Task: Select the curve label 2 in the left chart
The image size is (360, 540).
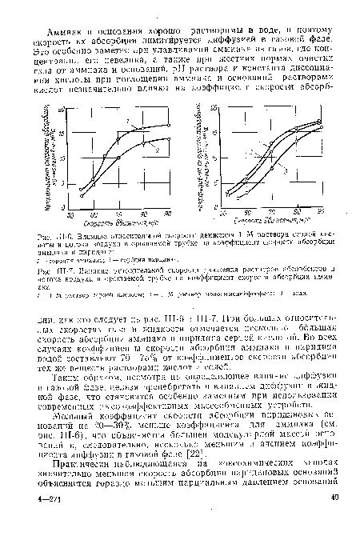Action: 157,150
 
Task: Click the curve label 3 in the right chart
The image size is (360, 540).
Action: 282,171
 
